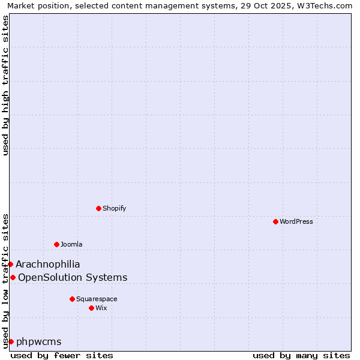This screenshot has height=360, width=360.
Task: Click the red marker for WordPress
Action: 275,221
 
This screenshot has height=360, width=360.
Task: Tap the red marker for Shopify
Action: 98,208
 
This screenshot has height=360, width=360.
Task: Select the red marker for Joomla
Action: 56,244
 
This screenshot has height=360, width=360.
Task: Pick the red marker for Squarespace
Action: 72,299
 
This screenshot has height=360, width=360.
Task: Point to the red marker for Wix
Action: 91,308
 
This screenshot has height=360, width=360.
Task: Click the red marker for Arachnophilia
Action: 10,264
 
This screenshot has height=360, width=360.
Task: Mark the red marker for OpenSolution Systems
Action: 13,277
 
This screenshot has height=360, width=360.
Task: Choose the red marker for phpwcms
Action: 11,341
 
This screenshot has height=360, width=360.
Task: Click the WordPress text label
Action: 296,221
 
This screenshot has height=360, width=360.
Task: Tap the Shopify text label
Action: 114,208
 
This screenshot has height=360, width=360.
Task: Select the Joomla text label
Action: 71,244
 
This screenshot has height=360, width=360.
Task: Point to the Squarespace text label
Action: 97,299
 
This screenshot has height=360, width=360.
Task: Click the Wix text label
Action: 101,308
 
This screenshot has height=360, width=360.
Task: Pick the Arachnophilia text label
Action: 48,264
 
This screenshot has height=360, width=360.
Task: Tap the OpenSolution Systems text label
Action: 73,277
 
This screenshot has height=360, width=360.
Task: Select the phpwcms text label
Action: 39,341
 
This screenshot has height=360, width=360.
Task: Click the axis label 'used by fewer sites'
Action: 62,355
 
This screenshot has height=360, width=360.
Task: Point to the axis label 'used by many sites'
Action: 301,355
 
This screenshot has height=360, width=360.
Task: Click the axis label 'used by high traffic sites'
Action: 5,85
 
